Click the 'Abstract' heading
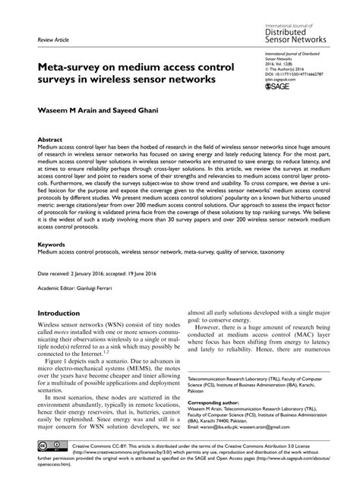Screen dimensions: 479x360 coord(50,140)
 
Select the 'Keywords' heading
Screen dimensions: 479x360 coord(52,244)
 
